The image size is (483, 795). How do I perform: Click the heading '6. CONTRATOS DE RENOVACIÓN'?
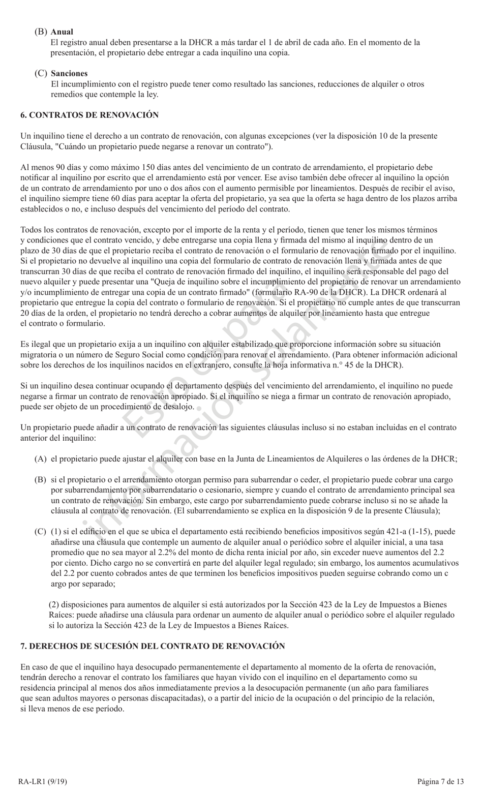tap(89, 115)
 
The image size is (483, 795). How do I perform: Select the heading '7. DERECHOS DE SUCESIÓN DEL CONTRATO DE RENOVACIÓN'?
tap(153, 646)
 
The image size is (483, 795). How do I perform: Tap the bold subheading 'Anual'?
tap(62, 32)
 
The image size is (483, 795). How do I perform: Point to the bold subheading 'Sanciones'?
tap(69, 73)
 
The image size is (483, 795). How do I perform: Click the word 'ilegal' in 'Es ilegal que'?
tap(40, 344)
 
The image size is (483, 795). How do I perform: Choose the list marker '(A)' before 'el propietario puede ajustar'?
tap(41, 459)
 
